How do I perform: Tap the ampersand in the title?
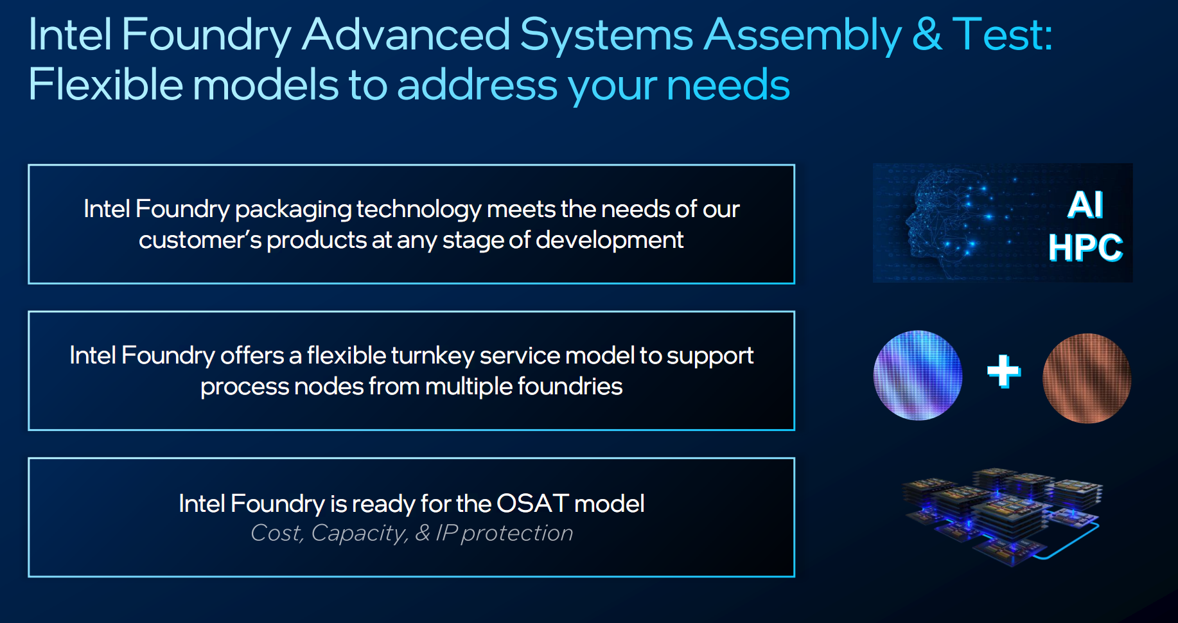(927, 34)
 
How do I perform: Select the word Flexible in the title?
(105, 84)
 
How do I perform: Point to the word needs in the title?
(728, 85)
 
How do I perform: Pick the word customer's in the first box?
(200, 240)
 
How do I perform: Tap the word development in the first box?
(610, 240)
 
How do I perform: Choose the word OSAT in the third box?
(532, 504)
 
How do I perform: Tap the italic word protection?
(517, 534)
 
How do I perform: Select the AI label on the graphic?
(1086, 206)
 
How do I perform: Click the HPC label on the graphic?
(1086, 248)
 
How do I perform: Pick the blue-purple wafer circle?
(918, 376)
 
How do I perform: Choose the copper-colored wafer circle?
(1087, 378)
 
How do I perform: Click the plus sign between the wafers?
(1004, 372)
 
